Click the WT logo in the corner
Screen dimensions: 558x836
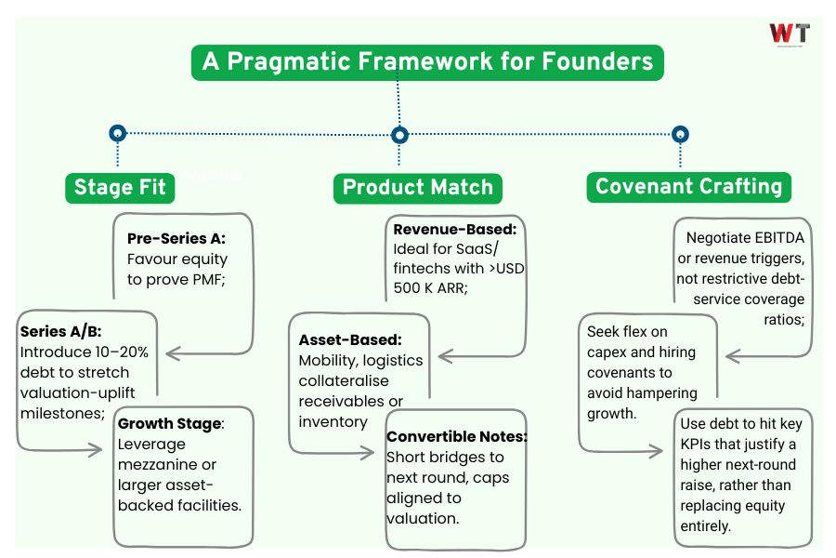tap(790, 34)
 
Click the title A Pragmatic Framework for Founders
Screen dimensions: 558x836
tap(427, 62)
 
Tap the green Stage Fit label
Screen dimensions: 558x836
tap(120, 187)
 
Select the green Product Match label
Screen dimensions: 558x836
tap(417, 187)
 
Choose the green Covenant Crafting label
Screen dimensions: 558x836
tap(688, 186)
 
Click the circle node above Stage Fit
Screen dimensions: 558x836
tap(117, 133)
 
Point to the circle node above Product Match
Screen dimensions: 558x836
tap(399, 135)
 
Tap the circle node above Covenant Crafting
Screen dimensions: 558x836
tap(680, 134)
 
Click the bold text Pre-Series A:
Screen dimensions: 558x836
tap(176, 237)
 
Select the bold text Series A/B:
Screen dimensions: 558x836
tap(59, 330)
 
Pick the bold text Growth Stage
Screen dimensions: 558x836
tap(170, 423)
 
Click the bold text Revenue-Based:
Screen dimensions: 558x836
tap(455, 229)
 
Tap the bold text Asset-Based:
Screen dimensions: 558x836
tap(350, 339)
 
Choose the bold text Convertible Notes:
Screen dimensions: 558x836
tap(456, 436)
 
